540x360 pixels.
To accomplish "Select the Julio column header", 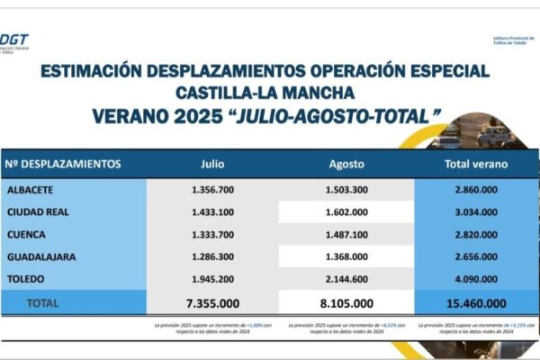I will (x=211, y=164).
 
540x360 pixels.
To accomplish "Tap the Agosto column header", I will (x=345, y=164).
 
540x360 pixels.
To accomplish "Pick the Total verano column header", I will (x=476, y=164).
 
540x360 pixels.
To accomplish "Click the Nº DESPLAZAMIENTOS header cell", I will (x=63, y=164).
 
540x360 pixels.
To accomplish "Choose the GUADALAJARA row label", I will (x=42, y=256).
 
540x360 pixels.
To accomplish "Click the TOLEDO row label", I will (x=26, y=278).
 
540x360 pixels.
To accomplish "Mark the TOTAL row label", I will (x=45, y=303).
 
